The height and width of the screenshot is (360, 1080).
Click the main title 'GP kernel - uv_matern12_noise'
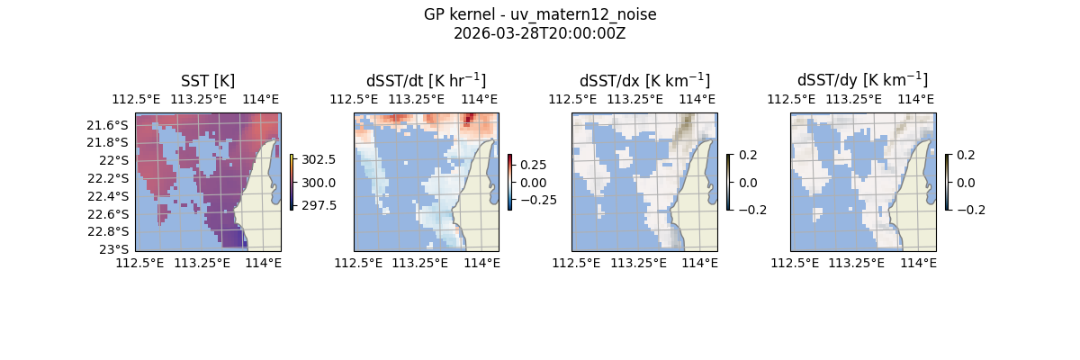(539, 14)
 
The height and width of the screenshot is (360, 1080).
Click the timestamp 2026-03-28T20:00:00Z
(539, 33)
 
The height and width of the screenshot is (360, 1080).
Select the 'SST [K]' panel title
(208, 80)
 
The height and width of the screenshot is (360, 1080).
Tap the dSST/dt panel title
(426, 80)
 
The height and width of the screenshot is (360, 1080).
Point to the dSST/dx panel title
(644, 80)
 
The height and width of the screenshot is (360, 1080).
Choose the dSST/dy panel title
(862, 80)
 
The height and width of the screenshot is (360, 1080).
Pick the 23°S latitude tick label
(116, 249)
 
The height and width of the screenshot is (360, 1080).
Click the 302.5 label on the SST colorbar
(319, 159)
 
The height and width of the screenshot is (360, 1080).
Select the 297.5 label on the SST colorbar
(319, 205)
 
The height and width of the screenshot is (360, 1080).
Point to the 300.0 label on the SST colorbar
(319, 183)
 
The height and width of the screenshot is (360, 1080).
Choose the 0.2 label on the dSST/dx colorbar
(748, 155)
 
